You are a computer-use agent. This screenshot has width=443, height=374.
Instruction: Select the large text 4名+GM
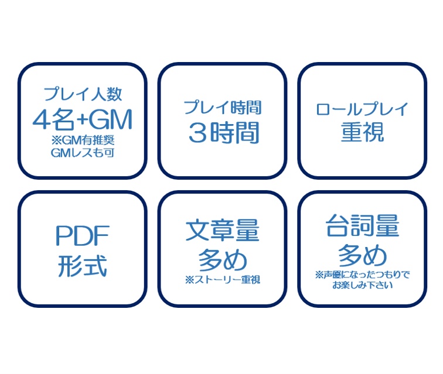coord(82,120)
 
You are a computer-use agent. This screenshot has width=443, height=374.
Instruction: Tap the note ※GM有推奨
coord(82,140)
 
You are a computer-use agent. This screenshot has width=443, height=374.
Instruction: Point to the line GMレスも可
coord(82,153)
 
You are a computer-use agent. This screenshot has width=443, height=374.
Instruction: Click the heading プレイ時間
coord(222,108)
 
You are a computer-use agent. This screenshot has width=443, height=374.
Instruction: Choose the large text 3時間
coord(223,133)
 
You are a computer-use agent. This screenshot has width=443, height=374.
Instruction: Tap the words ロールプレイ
coord(362,109)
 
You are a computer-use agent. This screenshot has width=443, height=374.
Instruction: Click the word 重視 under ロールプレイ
coord(362,133)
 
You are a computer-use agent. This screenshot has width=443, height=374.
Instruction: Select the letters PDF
coord(82,236)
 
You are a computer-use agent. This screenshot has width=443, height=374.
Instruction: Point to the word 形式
coord(82,266)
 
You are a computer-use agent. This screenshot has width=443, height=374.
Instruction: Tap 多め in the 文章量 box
coord(222,259)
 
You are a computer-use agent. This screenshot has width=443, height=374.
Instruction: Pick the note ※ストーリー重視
coord(222,280)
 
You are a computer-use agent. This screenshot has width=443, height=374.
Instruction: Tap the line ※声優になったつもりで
coord(362,275)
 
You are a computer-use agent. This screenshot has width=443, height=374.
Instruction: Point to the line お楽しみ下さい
coord(362,286)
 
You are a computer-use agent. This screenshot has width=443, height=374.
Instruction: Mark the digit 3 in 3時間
coord(196,133)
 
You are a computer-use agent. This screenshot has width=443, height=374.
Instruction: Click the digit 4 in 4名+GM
coord(41,120)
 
